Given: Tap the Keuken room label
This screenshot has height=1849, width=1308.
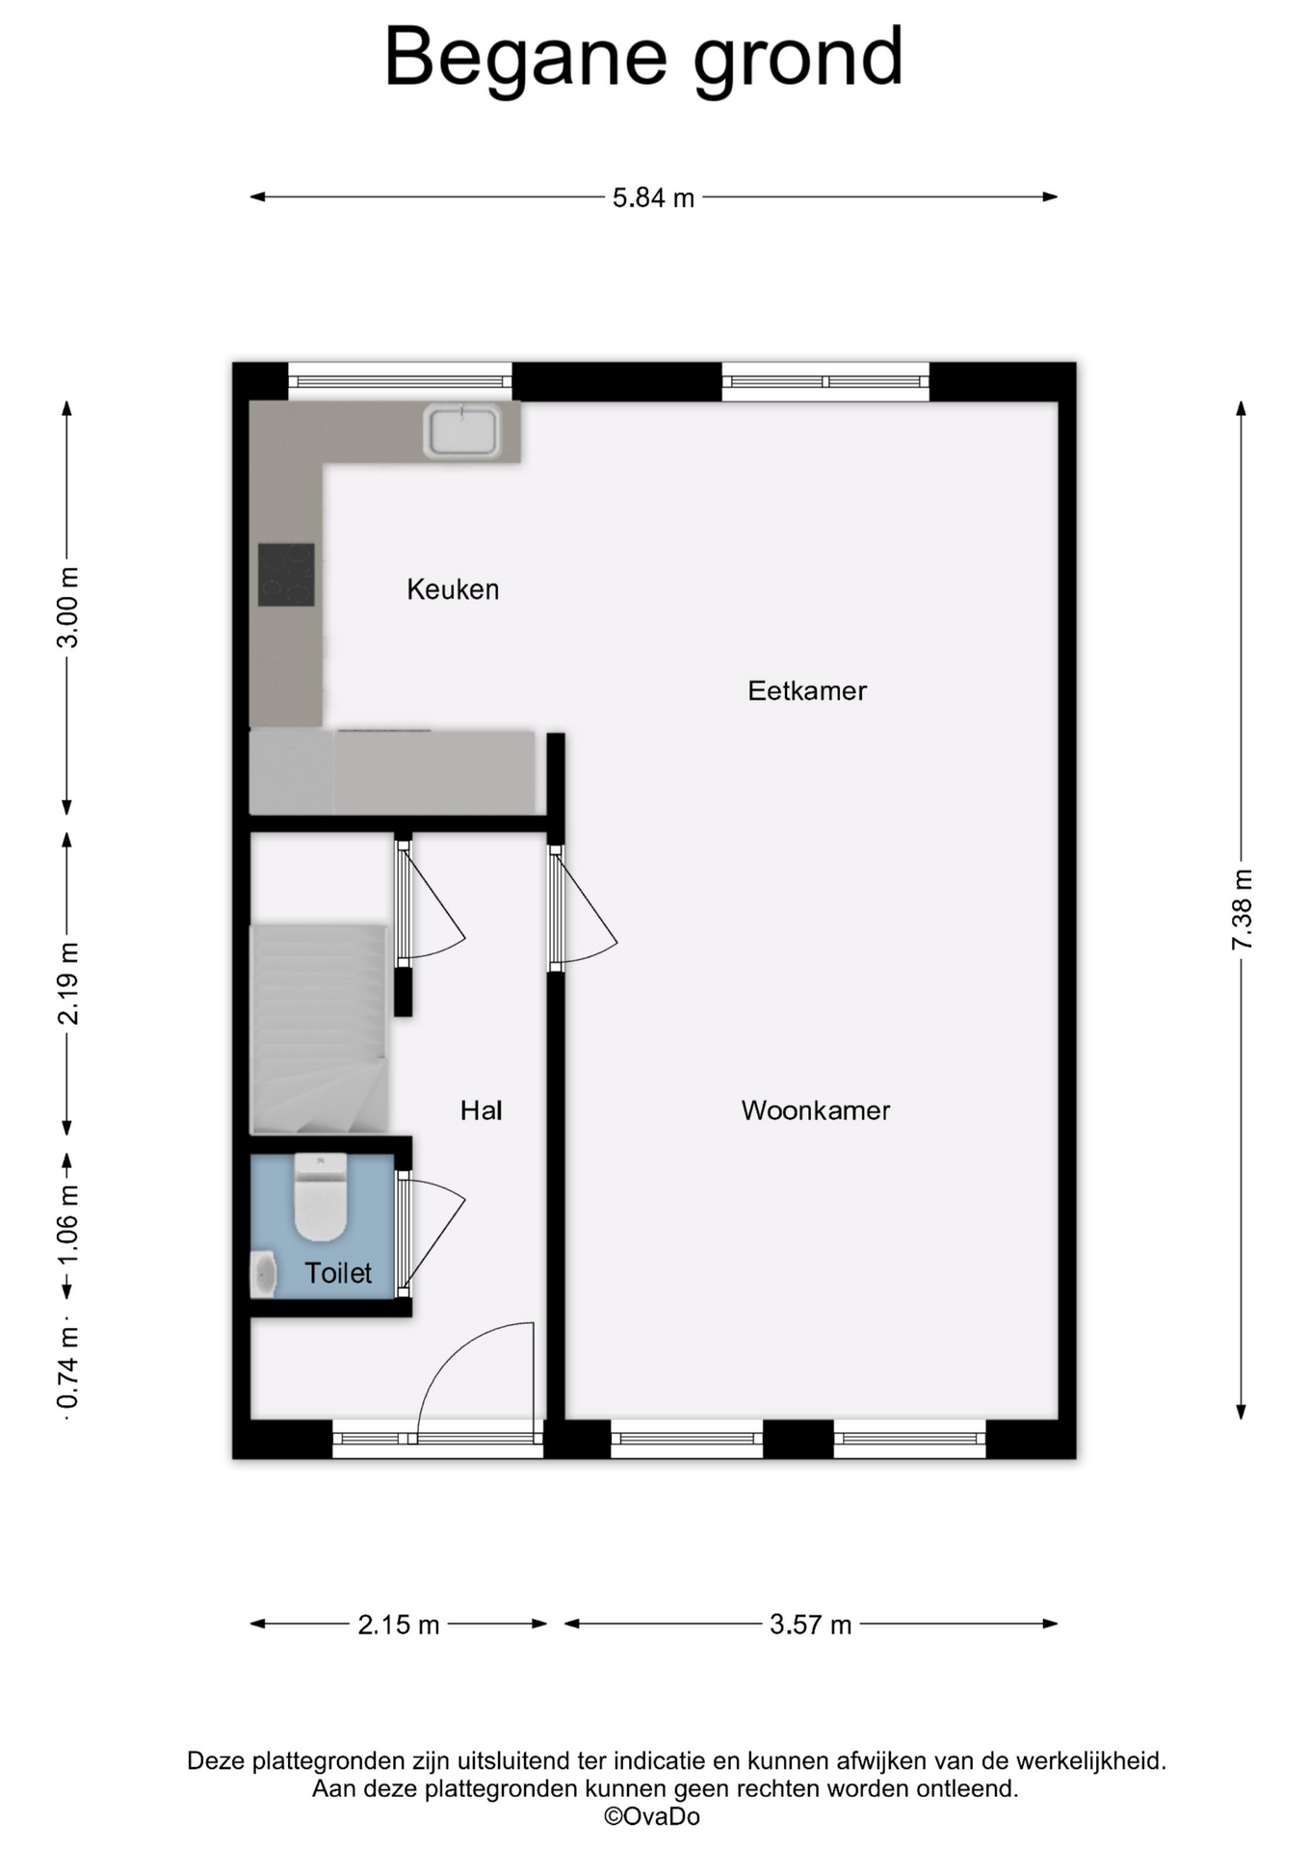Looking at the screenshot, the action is pyautogui.click(x=453, y=589).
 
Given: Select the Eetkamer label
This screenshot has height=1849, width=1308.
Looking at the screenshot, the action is pyautogui.click(x=807, y=690).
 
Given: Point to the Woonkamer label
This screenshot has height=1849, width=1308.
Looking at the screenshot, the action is pyautogui.click(x=816, y=1110).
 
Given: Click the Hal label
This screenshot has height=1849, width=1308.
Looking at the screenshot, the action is pyautogui.click(x=481, y=1110).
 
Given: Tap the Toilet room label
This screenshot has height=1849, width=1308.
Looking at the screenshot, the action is pyautogui.click(x=338, y=1273).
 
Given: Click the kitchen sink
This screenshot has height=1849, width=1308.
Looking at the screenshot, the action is pyautogui.click(x=462, y=430).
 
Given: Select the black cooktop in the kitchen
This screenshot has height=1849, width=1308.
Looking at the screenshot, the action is pyautogui.click(x=286, y=575).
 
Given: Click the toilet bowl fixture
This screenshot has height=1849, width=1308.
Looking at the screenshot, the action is pyautogui.click(x=320, y=1197).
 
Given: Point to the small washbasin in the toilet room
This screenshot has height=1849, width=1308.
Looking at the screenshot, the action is pyautogui.click(x=263, y=1274).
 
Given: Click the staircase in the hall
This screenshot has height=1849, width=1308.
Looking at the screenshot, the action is pyautogui.click(x=319, y=1029).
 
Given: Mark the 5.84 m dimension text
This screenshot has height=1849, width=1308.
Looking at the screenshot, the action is pyautogui.click(x=653, y=197).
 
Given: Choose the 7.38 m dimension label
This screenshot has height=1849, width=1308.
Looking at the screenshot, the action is pyautogui.click(x=1242, y=909).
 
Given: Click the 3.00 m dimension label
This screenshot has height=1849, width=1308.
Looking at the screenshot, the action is pyautogui.click(x=67, y=608).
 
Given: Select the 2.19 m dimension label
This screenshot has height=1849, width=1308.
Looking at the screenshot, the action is pyautogui.click(x=67, y=983).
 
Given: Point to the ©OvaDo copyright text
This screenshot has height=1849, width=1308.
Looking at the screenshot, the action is pyautogui.click(x=652, y=1816).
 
